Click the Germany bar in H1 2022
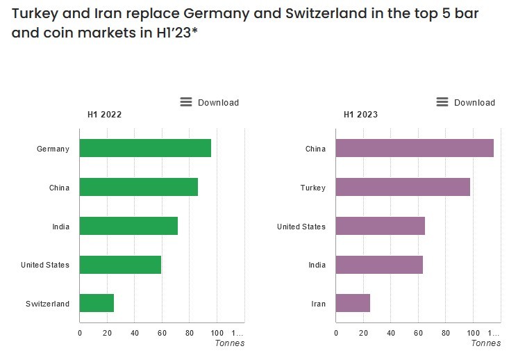point(145,148)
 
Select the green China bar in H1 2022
point(139,187)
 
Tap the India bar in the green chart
point(128,226)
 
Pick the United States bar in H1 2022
point(120,265)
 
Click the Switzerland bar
point(97,303)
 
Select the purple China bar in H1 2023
point(415,148)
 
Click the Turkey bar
point(403,187)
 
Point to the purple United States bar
point(381,226)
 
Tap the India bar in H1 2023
point(379,265)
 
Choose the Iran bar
point(353,303)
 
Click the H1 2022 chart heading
point(104,115)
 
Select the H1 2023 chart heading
point(360,115)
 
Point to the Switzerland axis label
point(47,304)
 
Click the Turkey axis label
point(312,188)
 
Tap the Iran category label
point(318,304)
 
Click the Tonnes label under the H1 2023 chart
point(485,343)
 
